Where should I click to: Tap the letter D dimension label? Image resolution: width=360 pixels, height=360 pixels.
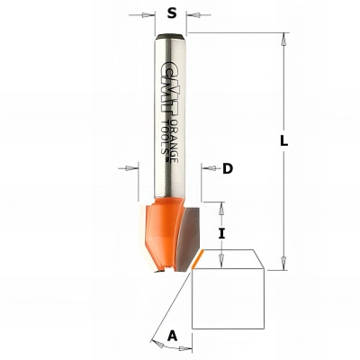tap(228, 168)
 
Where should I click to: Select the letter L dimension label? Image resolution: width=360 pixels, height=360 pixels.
tap(284, 141)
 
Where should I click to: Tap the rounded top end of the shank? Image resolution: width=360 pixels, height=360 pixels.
tap(171, 38)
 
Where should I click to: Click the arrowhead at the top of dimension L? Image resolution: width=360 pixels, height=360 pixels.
tap(284, 40)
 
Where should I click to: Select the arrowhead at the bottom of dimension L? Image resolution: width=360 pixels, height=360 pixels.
tap(284, 262)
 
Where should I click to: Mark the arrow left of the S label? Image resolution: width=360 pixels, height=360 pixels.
tap(148, 15)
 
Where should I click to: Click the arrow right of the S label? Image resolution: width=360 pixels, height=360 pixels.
tap(195, 15)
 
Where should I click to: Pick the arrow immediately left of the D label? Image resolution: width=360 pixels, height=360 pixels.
tap(207, 168)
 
